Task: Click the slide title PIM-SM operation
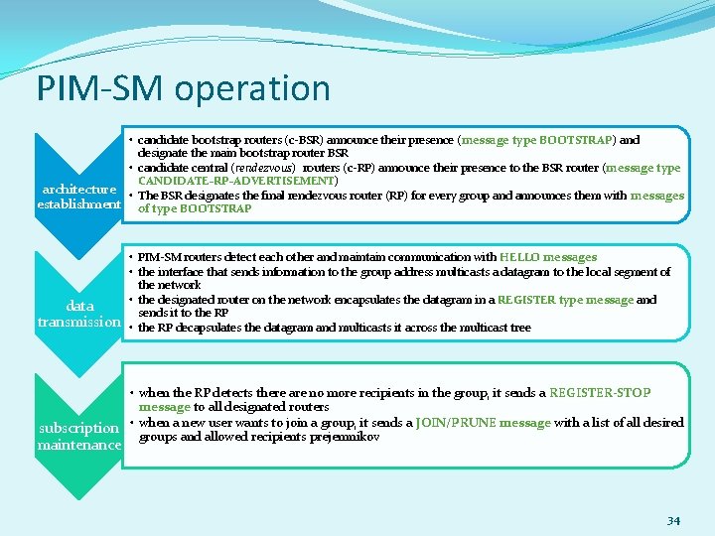tap(184, 88)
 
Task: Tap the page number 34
tap(673, 520)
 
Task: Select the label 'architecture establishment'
tap(78, 197)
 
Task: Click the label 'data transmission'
tap(78, 314)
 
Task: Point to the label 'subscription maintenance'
tap(78, 437)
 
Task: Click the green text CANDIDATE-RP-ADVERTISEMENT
tap(237, 182)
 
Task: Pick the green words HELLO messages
tap(548, 257)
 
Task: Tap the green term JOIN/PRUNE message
tap(484, 423)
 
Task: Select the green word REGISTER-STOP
tap(600, 393)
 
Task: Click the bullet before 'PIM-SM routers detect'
tap(132, 257)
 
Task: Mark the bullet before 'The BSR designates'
tap(132, 196)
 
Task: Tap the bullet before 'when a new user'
tap(132, 423)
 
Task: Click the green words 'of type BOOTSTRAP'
tap(195, 209)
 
